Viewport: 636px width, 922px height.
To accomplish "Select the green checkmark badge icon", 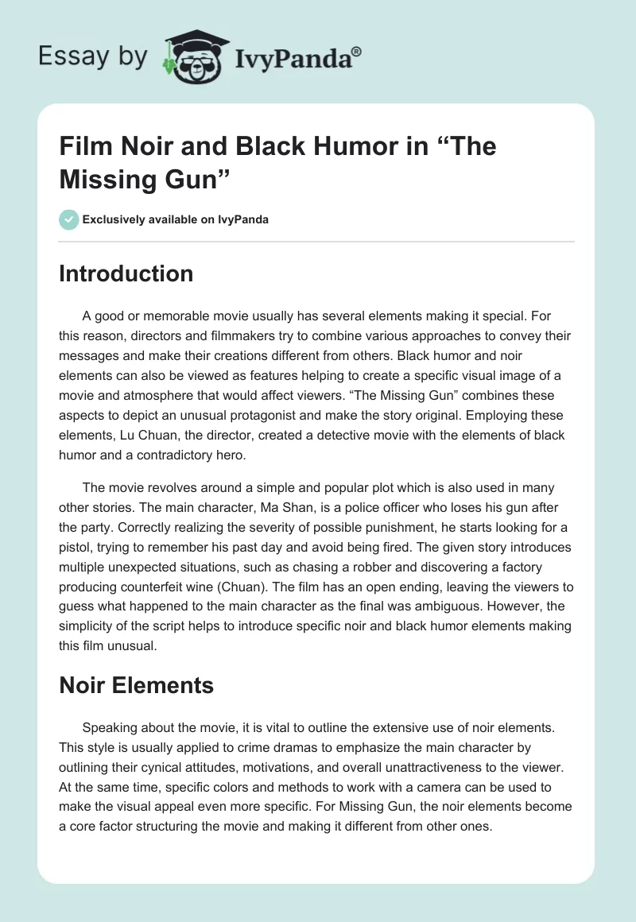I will pos(69,219).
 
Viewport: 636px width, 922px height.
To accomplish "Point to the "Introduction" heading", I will pos(126,273).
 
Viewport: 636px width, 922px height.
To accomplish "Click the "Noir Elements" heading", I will pos(137,685).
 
